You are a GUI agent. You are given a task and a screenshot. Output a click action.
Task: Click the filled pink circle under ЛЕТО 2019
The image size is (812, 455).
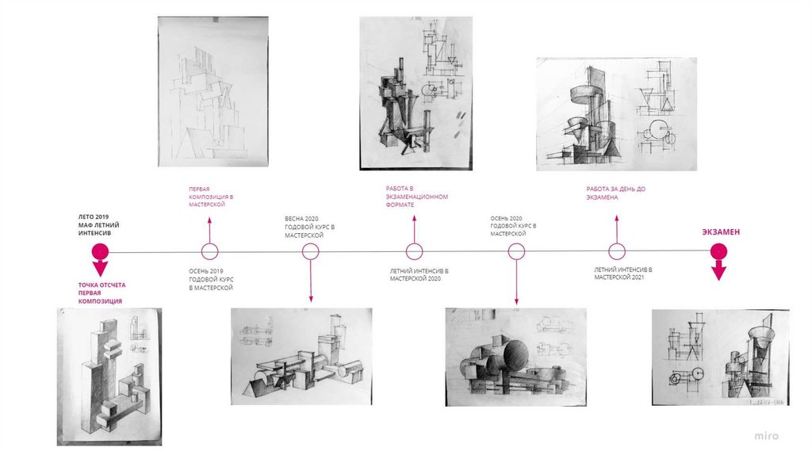point(100,252)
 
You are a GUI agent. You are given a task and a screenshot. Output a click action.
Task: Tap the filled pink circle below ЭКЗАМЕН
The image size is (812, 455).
point(718,251)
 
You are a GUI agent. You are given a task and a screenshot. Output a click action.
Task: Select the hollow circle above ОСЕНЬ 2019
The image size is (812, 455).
point(209,251)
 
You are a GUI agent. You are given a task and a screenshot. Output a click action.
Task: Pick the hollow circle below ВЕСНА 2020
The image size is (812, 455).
point(310,251)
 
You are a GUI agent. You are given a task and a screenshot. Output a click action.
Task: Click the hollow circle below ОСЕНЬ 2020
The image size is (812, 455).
point(516,251)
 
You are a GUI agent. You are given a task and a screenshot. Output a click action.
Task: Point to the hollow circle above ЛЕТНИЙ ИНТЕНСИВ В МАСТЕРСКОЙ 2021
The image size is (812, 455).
point(616,251)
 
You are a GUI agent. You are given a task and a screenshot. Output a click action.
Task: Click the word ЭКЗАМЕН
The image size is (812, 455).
point(721,232)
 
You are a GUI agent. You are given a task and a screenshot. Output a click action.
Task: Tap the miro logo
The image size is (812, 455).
point(766,436)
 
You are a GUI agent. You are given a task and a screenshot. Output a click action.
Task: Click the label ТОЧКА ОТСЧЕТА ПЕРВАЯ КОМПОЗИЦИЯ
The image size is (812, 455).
point(102,293)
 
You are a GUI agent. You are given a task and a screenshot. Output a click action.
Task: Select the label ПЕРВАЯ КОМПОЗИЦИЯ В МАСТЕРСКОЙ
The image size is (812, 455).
point(211,197)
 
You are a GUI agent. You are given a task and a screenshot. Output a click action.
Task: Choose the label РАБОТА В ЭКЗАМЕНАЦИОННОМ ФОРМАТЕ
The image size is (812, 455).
point(417,197)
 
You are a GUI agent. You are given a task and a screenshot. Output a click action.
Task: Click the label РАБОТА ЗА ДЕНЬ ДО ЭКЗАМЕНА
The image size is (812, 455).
point(615,193)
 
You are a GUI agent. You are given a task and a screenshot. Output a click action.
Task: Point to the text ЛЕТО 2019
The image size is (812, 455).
point(94,217)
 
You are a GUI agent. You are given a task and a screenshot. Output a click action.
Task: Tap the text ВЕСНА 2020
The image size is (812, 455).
point(302,219)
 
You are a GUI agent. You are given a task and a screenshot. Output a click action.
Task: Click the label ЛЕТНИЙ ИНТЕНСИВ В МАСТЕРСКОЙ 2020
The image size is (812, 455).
point(419,274)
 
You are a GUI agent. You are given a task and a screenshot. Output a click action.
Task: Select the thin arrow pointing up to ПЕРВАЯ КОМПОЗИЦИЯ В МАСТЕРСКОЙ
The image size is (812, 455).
point(209,230)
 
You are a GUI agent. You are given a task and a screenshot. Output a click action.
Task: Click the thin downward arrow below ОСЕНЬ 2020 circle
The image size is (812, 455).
point(516,283)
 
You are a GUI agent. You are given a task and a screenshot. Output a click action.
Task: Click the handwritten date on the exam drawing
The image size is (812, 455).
point(767,402)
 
